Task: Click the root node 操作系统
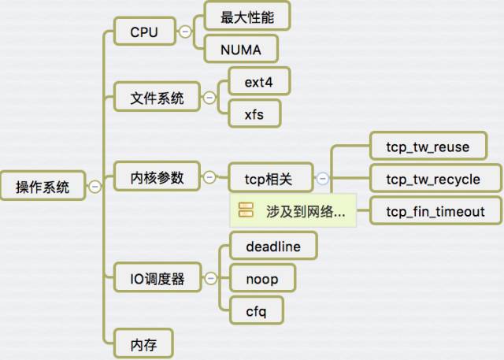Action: click(43, 187)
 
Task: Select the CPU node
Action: click(144, 32)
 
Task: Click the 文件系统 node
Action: click(157, 98)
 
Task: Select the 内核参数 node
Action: click(157, 178)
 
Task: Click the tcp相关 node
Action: click(270, 179)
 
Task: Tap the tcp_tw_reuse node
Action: click(428, 147)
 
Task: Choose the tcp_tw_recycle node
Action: click(432, 179)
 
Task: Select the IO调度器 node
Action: click(157, 278)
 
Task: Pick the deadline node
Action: click(272, 247)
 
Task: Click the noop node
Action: click(261, 278)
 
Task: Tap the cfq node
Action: click(255, 311)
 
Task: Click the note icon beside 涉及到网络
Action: click(245, 211)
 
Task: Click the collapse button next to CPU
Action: click(185, 32)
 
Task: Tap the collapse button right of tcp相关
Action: click(322, 179)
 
